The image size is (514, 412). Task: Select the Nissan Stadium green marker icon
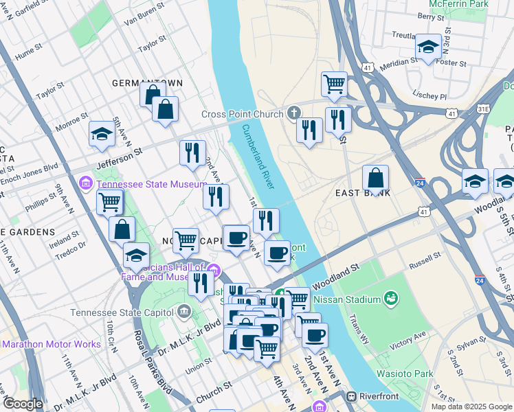click(x=391, y=299)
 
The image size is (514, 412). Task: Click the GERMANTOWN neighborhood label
click(x=148, y=83)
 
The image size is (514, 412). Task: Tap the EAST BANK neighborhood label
click(x=363, y=193)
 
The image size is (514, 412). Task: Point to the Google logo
click(x=23, y=404)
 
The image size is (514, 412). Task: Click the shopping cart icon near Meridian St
click(x=334, y=84)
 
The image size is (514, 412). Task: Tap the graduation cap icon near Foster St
click(x=428, y=47)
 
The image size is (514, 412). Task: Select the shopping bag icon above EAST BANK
click(x=375, y=178)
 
